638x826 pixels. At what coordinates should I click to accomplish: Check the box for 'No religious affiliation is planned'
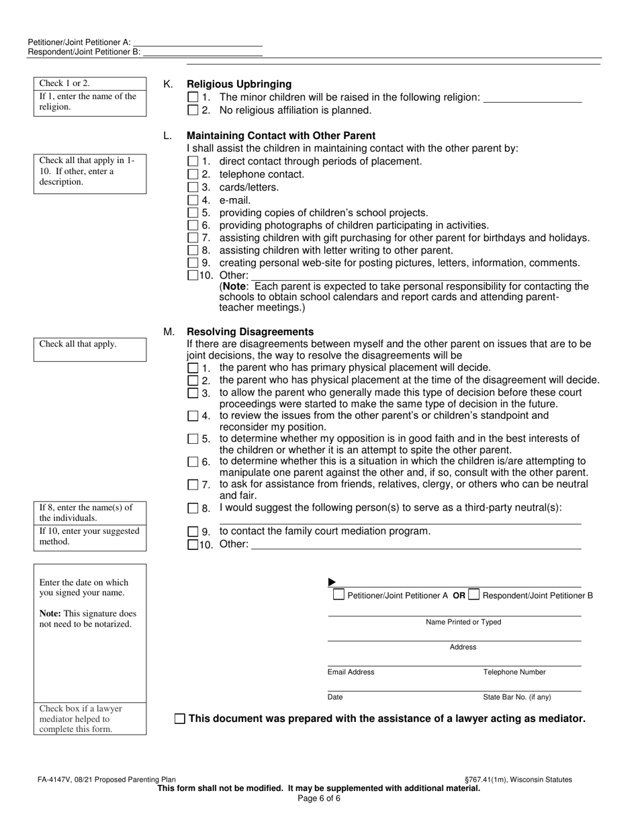[x=193, y=110]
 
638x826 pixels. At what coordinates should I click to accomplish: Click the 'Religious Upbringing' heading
[x=239, y=84]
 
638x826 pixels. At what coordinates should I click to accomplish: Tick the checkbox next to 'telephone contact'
[x=193, y=175]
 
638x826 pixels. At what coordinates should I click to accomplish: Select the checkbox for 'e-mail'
[x=193, y=200]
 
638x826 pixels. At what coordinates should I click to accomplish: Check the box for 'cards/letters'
[x=193, y=187]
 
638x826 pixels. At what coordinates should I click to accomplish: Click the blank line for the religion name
[x=532, y=97]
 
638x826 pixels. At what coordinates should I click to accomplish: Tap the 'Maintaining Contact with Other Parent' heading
[x=281, y=136]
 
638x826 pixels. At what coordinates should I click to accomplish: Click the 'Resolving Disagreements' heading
[x=250, y=332]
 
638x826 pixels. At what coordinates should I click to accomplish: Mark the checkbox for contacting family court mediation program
[x=193, y=532]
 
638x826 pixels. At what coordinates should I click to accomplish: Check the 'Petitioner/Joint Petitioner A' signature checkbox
[x=339, y=594]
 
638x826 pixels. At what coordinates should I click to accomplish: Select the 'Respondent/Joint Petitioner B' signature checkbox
[x=474, y=594]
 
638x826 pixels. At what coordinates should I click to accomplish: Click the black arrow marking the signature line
[x=332, y=582]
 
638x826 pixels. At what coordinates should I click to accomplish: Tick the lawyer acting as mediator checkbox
[x=179, y=719]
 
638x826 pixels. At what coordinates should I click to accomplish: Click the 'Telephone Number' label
[x=514, y=672]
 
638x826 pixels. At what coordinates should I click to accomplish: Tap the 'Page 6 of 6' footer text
[x=319, y=798]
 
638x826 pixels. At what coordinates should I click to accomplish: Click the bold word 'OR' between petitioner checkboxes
[x=459, y=595]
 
